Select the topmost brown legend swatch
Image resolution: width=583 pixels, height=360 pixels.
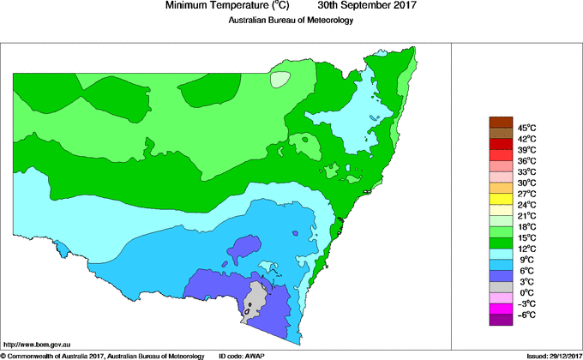500,122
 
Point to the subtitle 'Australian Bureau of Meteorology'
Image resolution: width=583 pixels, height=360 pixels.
291,20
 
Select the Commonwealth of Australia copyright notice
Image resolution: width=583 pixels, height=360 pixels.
102,355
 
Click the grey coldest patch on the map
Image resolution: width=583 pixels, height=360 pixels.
254,300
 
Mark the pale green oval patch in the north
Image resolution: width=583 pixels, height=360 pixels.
280,79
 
